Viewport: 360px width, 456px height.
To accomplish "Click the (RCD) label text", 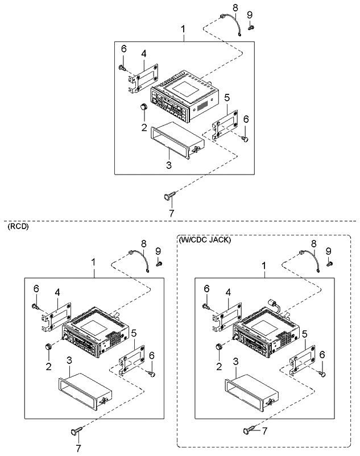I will (x=18, y=226).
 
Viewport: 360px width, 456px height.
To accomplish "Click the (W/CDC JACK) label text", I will (x=205, y=240).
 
